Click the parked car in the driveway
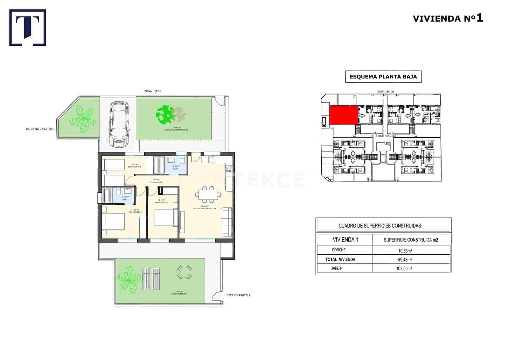point(119,124)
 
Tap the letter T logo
point(28,27)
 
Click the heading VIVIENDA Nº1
point(448,18)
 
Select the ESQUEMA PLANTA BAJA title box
point(383,77)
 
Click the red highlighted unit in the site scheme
point(343,115)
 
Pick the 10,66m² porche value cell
point(411,250)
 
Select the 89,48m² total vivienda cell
point(411,259)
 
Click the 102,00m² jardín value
point(411,268)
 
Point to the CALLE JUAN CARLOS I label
point(40,130)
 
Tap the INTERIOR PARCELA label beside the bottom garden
point(238,295)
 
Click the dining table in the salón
point(208,194)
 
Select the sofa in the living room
point(227,222)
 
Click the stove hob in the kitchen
point(229,169)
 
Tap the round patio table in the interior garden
point(184,272)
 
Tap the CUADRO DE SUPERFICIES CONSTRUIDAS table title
point(380,226)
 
